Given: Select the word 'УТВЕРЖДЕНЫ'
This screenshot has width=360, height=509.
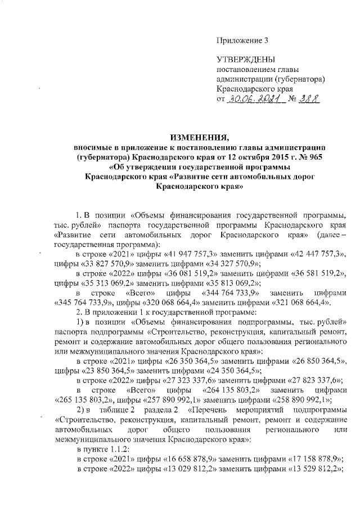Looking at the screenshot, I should click(246, 59).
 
